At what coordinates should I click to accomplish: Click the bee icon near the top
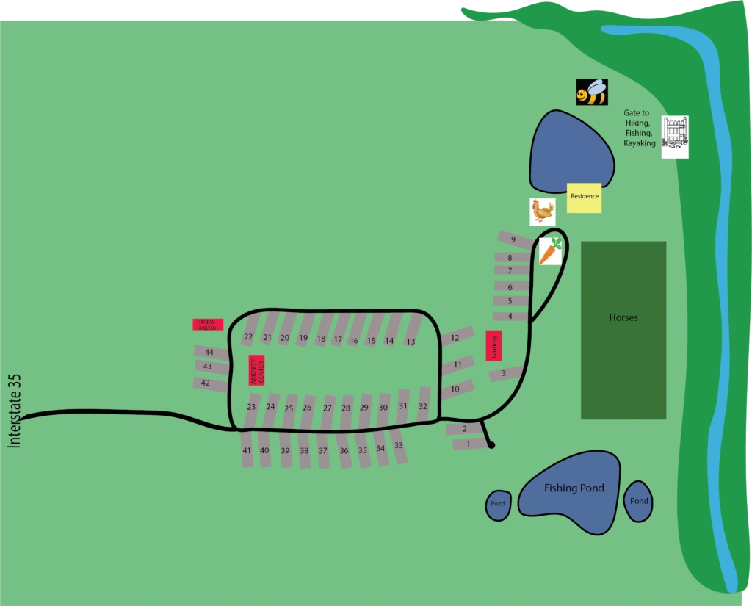click(x=592, y=93)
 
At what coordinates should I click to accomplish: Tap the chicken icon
click(x=543, y=212)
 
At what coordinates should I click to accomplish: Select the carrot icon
click(x=550, y=251)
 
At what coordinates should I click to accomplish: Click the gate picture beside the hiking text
click(x=675, y=137)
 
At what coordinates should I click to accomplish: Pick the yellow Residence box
click(x=585, y=198)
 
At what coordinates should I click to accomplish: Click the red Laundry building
click(x=494, y=346)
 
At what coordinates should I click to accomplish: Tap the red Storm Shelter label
click(x=208, y=325)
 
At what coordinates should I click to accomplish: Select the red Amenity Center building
click(x=256, y=369)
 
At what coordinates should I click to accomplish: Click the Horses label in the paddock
click(x=623, y=318)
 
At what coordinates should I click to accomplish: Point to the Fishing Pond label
click(x=574, y=488)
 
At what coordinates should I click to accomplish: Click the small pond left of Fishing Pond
click(x=498, y=505)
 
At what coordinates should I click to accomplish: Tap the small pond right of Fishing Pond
click(x=638, y=502)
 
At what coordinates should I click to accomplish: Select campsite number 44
click(x=209, y=353)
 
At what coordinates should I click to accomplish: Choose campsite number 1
click(x=468, y=444)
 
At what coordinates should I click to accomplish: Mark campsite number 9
click(x=513, y=240)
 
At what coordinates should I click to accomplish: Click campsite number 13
click(x=411, y=342)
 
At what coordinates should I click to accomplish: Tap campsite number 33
click(x=398, y=446)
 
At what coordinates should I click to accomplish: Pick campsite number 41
click(x=247, y=450)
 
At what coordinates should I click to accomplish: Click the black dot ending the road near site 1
click(x=491, y=445)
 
